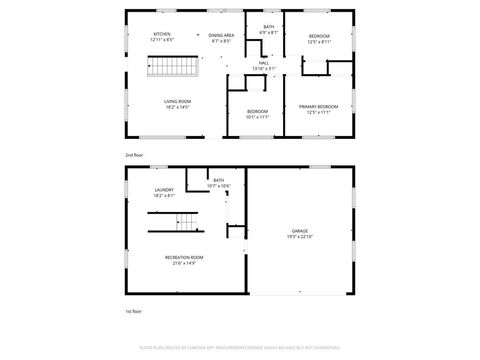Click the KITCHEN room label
(x=161, y=35)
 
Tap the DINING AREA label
(x=221, y=35)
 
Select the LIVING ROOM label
(x=178, y=101)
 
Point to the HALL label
(x=263, y=63)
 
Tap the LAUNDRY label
(x=165, y=190)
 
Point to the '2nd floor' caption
(x=134, y=156)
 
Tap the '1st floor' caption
(x=134, y=312)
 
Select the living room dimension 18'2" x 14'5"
(x=178, y=107)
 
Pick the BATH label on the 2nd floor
(x=268, y=27)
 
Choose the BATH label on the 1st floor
(x=218, y=180)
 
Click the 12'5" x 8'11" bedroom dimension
(x=319, y=41)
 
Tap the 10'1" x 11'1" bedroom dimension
(x=258, y=116)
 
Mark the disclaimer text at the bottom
(x=240, y=349)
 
